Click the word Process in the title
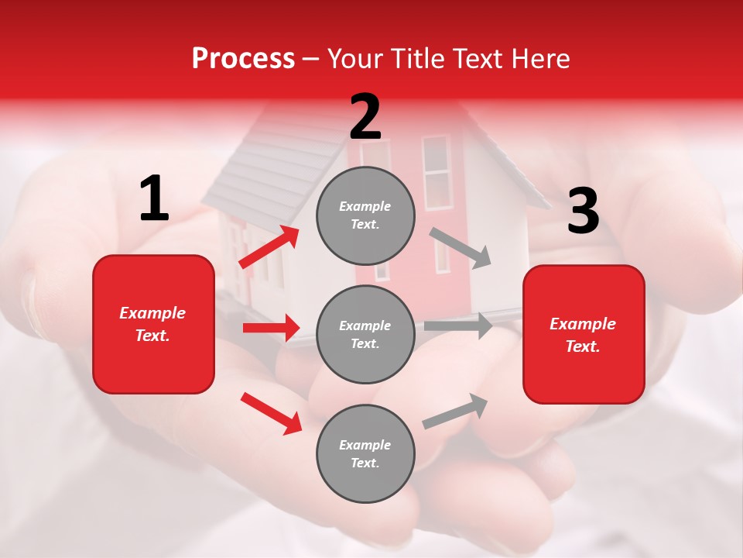[243, 59]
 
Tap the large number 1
[154, 199]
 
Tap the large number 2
[365, 117]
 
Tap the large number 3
[583, 211]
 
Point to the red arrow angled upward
[269, 247]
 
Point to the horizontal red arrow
[271, 328]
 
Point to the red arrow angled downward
[271, 413]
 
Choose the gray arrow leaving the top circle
[461, 247]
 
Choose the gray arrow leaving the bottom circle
[455, 411]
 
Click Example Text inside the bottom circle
[365, 454]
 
